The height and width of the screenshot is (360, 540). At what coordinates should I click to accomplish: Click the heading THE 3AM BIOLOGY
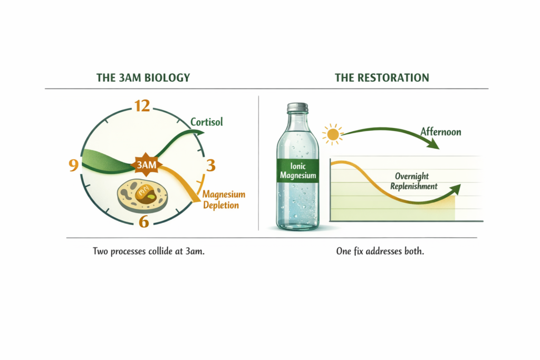[x=143, y=78]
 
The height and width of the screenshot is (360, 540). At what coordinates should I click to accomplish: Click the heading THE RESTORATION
[x=382, y=78]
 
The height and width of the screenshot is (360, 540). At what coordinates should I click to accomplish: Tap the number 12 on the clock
[x=142, y=106]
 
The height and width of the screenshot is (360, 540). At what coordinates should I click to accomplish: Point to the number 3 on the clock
[x=211, y=166]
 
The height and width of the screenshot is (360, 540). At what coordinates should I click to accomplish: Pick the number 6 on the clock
[x=143, y=221]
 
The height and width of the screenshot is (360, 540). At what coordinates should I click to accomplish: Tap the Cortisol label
[x=207, y=122]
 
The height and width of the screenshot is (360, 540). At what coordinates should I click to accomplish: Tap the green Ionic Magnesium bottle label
[x=297, y=169]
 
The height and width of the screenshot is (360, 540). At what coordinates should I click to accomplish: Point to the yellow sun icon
[x=333, y=135]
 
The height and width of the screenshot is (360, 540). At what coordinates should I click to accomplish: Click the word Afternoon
[x=440, y=132]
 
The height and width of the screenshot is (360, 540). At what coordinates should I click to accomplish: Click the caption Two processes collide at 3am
[x=149, y=251]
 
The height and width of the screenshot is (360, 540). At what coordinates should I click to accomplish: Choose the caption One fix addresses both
[x=380, y=251]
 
